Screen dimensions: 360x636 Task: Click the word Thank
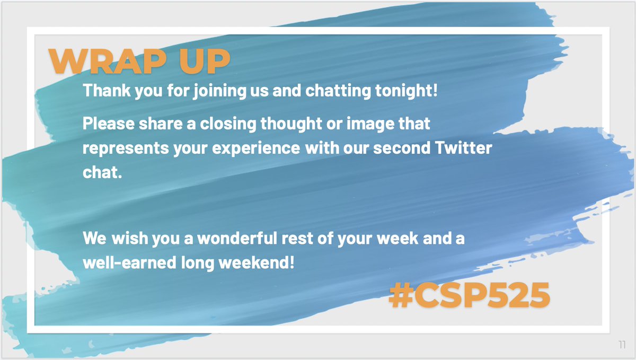(x=102, y=91)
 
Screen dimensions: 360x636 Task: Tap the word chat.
(x=99, y=172)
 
